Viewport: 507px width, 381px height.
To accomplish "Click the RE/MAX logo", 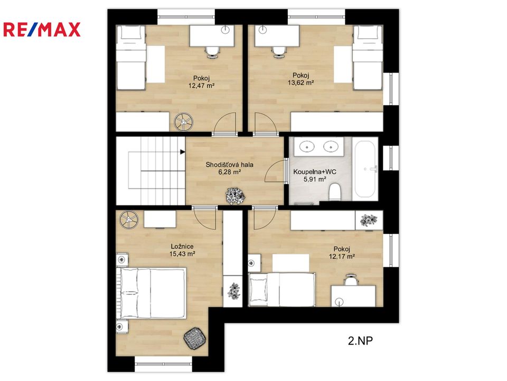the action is point(42,30).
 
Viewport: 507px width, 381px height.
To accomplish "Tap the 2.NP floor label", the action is point(360,341).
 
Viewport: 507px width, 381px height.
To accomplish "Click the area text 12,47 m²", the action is point(201,86).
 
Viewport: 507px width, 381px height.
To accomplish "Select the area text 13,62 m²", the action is point(301,83).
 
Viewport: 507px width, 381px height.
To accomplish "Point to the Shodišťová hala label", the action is point(230,165).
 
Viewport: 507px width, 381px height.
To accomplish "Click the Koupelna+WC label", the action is point(315,171).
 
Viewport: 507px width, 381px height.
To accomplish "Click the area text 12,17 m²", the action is point(342,257).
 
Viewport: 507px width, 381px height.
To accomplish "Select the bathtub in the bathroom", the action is point(365,169).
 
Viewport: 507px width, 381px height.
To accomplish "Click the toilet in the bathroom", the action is point(334,192).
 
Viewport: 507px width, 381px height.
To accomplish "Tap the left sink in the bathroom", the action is point(306,147).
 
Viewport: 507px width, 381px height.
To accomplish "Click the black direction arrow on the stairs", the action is point(182,152).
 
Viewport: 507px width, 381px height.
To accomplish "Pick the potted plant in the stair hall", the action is point(235,196).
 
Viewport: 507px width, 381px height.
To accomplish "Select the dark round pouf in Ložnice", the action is point(195,338).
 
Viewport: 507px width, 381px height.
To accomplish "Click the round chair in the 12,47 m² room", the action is point(183,122).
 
